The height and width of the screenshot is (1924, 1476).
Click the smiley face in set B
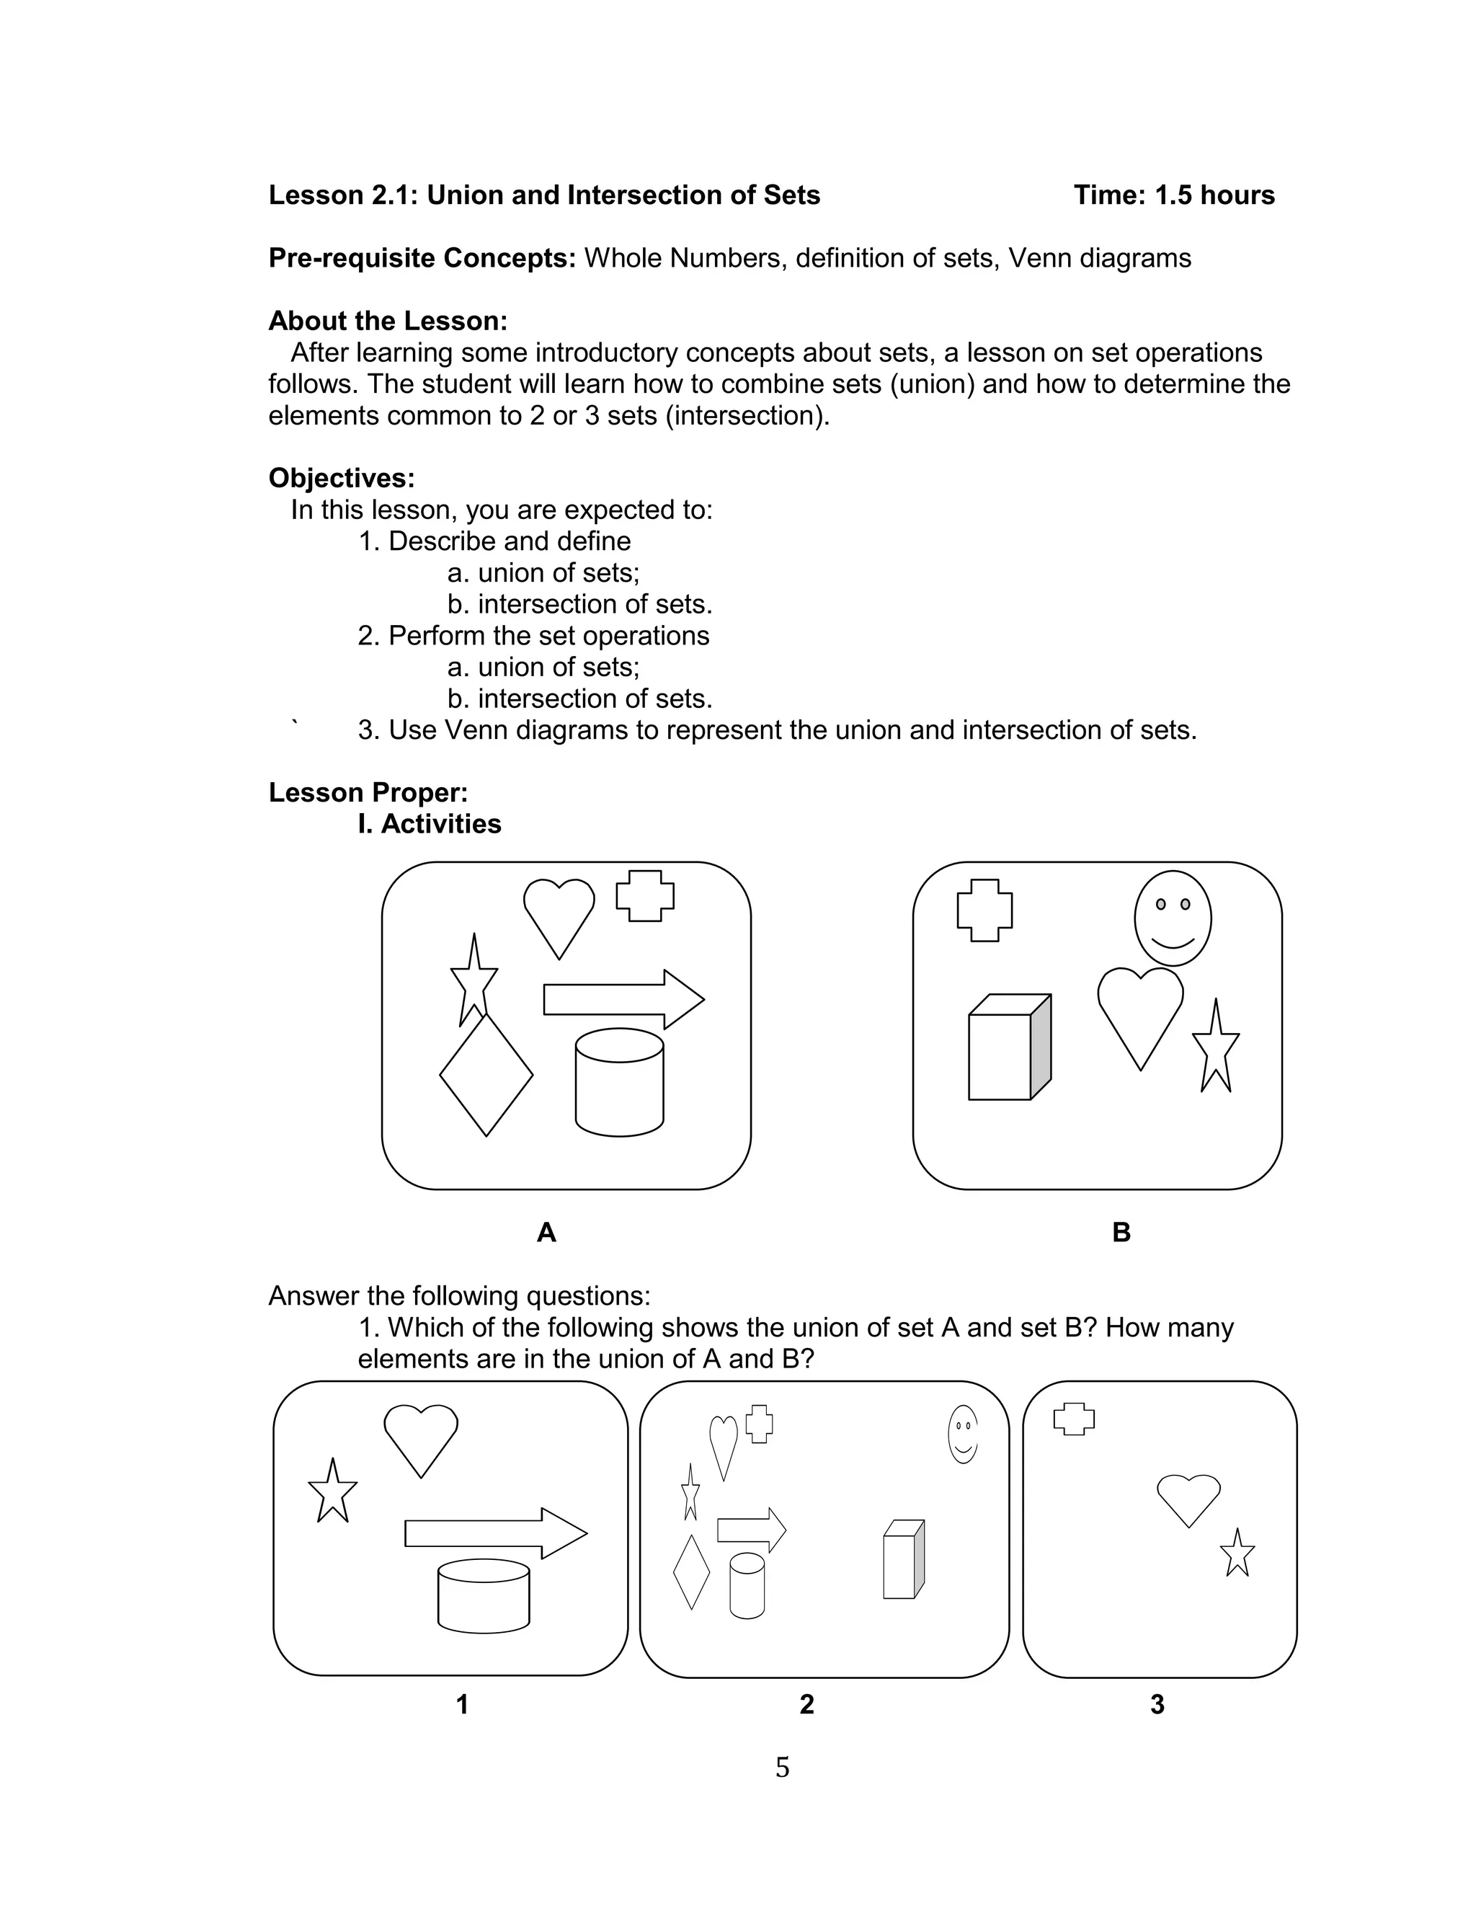click(1172, 918)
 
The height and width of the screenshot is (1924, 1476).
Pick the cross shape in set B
click(984, 910)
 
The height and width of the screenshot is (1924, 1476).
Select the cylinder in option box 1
click(483, 1595)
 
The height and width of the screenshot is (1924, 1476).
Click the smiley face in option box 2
click(963, 1434)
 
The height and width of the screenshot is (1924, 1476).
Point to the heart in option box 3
click(1188, 1498)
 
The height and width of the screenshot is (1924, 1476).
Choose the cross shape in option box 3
click(1074, 1418)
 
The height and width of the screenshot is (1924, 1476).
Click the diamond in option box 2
click(690, 1571)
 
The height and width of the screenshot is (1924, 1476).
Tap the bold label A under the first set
click(546, 1233)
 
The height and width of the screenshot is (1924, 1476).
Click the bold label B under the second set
click(1121, 1233)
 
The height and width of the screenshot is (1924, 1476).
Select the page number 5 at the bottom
click(782, 1767)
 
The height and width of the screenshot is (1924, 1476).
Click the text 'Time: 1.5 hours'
click(1174, 195)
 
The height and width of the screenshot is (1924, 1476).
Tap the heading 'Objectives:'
click(341, 478)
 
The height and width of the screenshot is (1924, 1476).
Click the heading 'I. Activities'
click(429, 824)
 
